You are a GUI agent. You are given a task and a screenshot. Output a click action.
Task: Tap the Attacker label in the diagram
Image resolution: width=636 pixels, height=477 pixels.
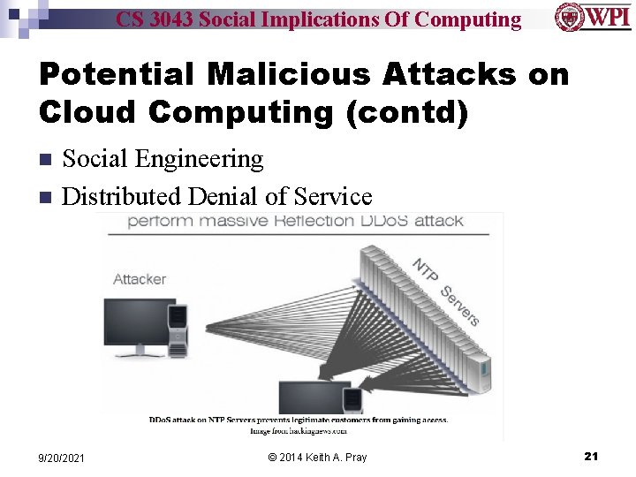[x=140, y=279]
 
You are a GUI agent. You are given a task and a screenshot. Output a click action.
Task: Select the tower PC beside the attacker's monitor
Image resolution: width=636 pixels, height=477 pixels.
[x=178, y=330]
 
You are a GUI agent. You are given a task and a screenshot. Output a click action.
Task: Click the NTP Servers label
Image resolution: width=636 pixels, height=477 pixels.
[x=445, y=291]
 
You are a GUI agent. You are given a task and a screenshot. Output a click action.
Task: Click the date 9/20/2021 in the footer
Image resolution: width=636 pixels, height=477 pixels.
[x=62, y=458]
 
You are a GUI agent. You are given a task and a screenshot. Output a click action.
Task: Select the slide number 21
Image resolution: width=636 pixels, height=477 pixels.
[x=591, y=456]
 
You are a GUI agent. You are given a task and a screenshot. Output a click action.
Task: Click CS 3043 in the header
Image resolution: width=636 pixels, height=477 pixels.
[x=155, y=19]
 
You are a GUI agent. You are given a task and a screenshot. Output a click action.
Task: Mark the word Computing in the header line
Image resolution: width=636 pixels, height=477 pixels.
[x=468, y=19]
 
